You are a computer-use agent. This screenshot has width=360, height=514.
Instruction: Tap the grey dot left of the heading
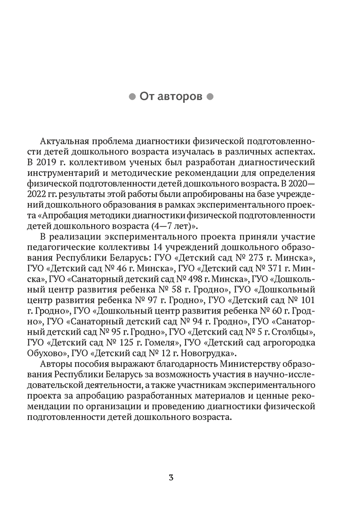[132, 96]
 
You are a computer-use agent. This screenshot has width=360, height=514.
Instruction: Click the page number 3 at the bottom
[171, 477]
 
